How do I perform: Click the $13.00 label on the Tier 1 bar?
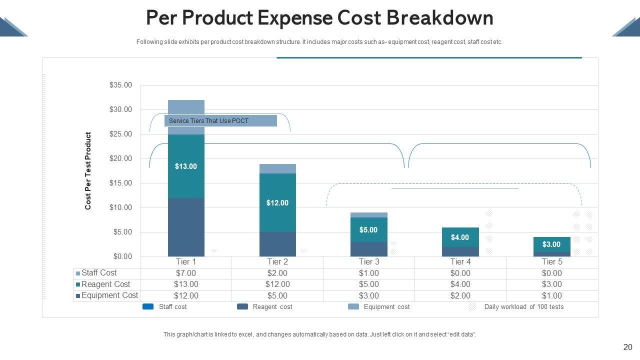click(186, 166)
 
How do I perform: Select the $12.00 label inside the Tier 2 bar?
click(277, 203)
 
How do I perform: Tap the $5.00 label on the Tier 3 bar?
click(368, 230)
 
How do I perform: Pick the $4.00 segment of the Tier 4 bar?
click(460, 237)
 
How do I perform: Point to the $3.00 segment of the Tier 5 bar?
click(551, 244)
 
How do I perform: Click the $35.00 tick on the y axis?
click(120, 85)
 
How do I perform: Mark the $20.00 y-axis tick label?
click(120, 158)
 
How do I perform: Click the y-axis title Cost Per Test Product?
click(88, 171)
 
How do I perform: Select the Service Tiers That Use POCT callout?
click(220, 121)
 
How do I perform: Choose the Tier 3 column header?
click(368, 262)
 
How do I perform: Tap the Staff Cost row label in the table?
click(99, 273)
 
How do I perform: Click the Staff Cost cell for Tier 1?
click(186, 273)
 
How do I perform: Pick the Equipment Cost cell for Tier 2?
click(277, 295)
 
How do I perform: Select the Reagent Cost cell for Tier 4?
click(460, 284)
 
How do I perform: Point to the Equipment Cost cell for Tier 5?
click(551, 295)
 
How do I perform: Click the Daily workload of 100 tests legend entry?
click(523, 307)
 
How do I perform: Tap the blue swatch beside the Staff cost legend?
click(148, 306)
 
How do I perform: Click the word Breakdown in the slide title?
click(440, 18)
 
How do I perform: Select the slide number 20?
click(628, 347)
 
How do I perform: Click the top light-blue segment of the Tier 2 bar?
click(277, 169)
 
